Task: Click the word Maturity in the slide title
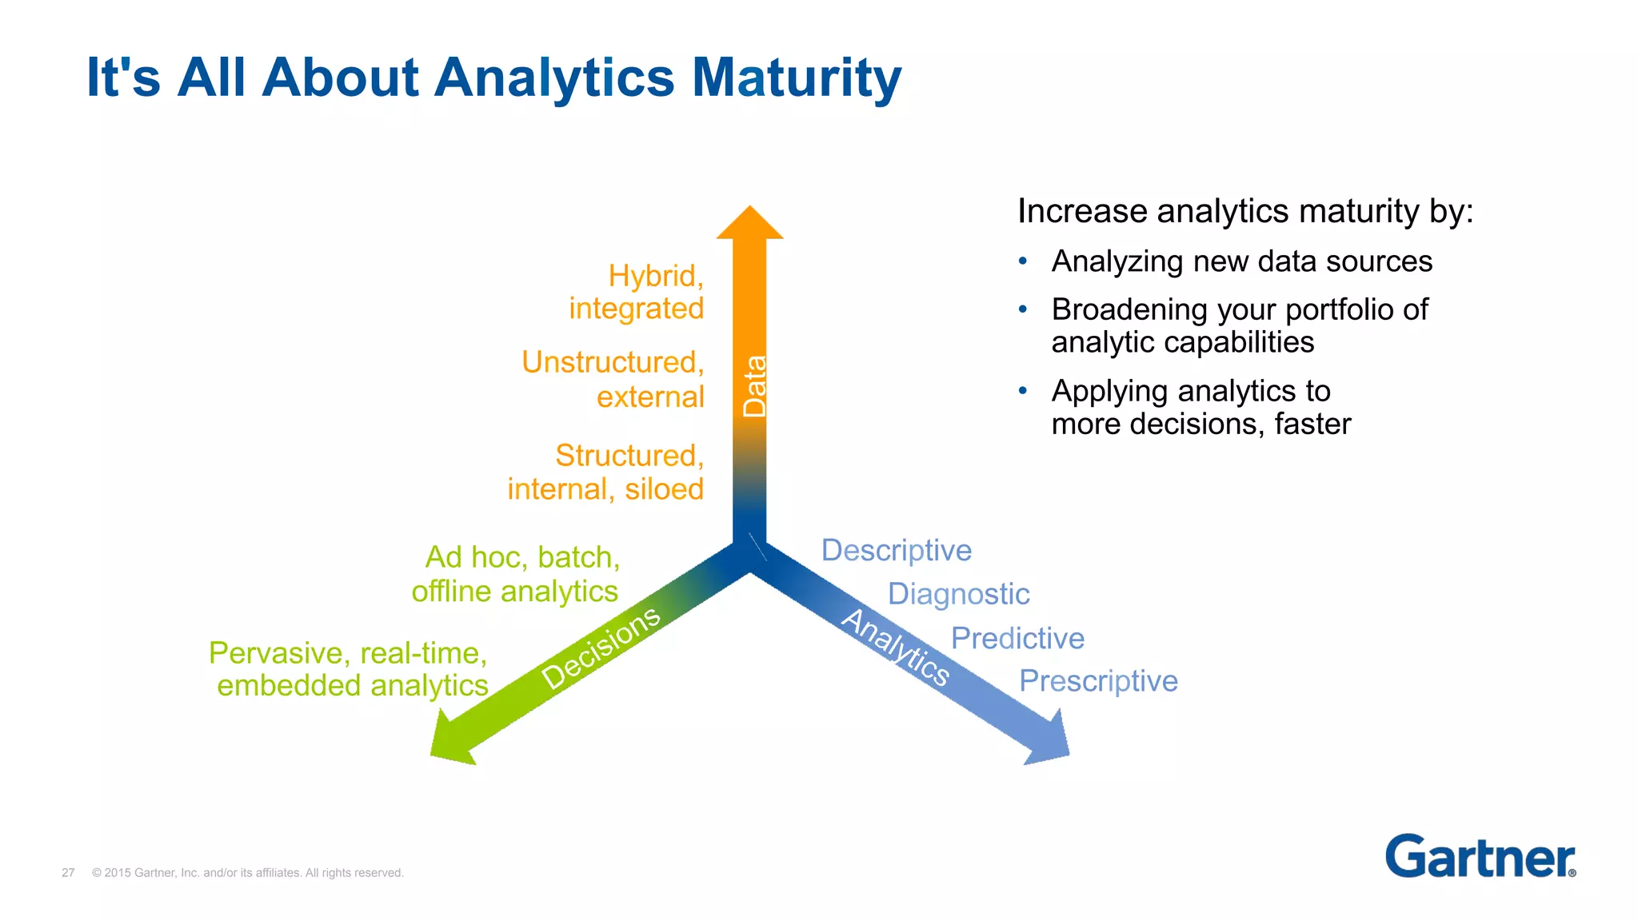click(x=796, y=78)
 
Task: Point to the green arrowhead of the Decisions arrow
click(x=451, y=740)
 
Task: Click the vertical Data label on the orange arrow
click(x=754, y=386)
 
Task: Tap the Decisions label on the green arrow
click(x=601, y=647)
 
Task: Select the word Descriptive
click(x=896, y=551)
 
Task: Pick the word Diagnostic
click(x=958, y=594)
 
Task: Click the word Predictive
click(x=1017, y=638)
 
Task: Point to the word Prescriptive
click(x=1098, y=681)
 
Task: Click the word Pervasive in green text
click(x=276, y=653)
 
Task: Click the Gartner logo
click(x=1480, y=857)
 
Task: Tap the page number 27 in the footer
click(x=68, y=872)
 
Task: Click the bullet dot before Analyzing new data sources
click(x=1022, y=261)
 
